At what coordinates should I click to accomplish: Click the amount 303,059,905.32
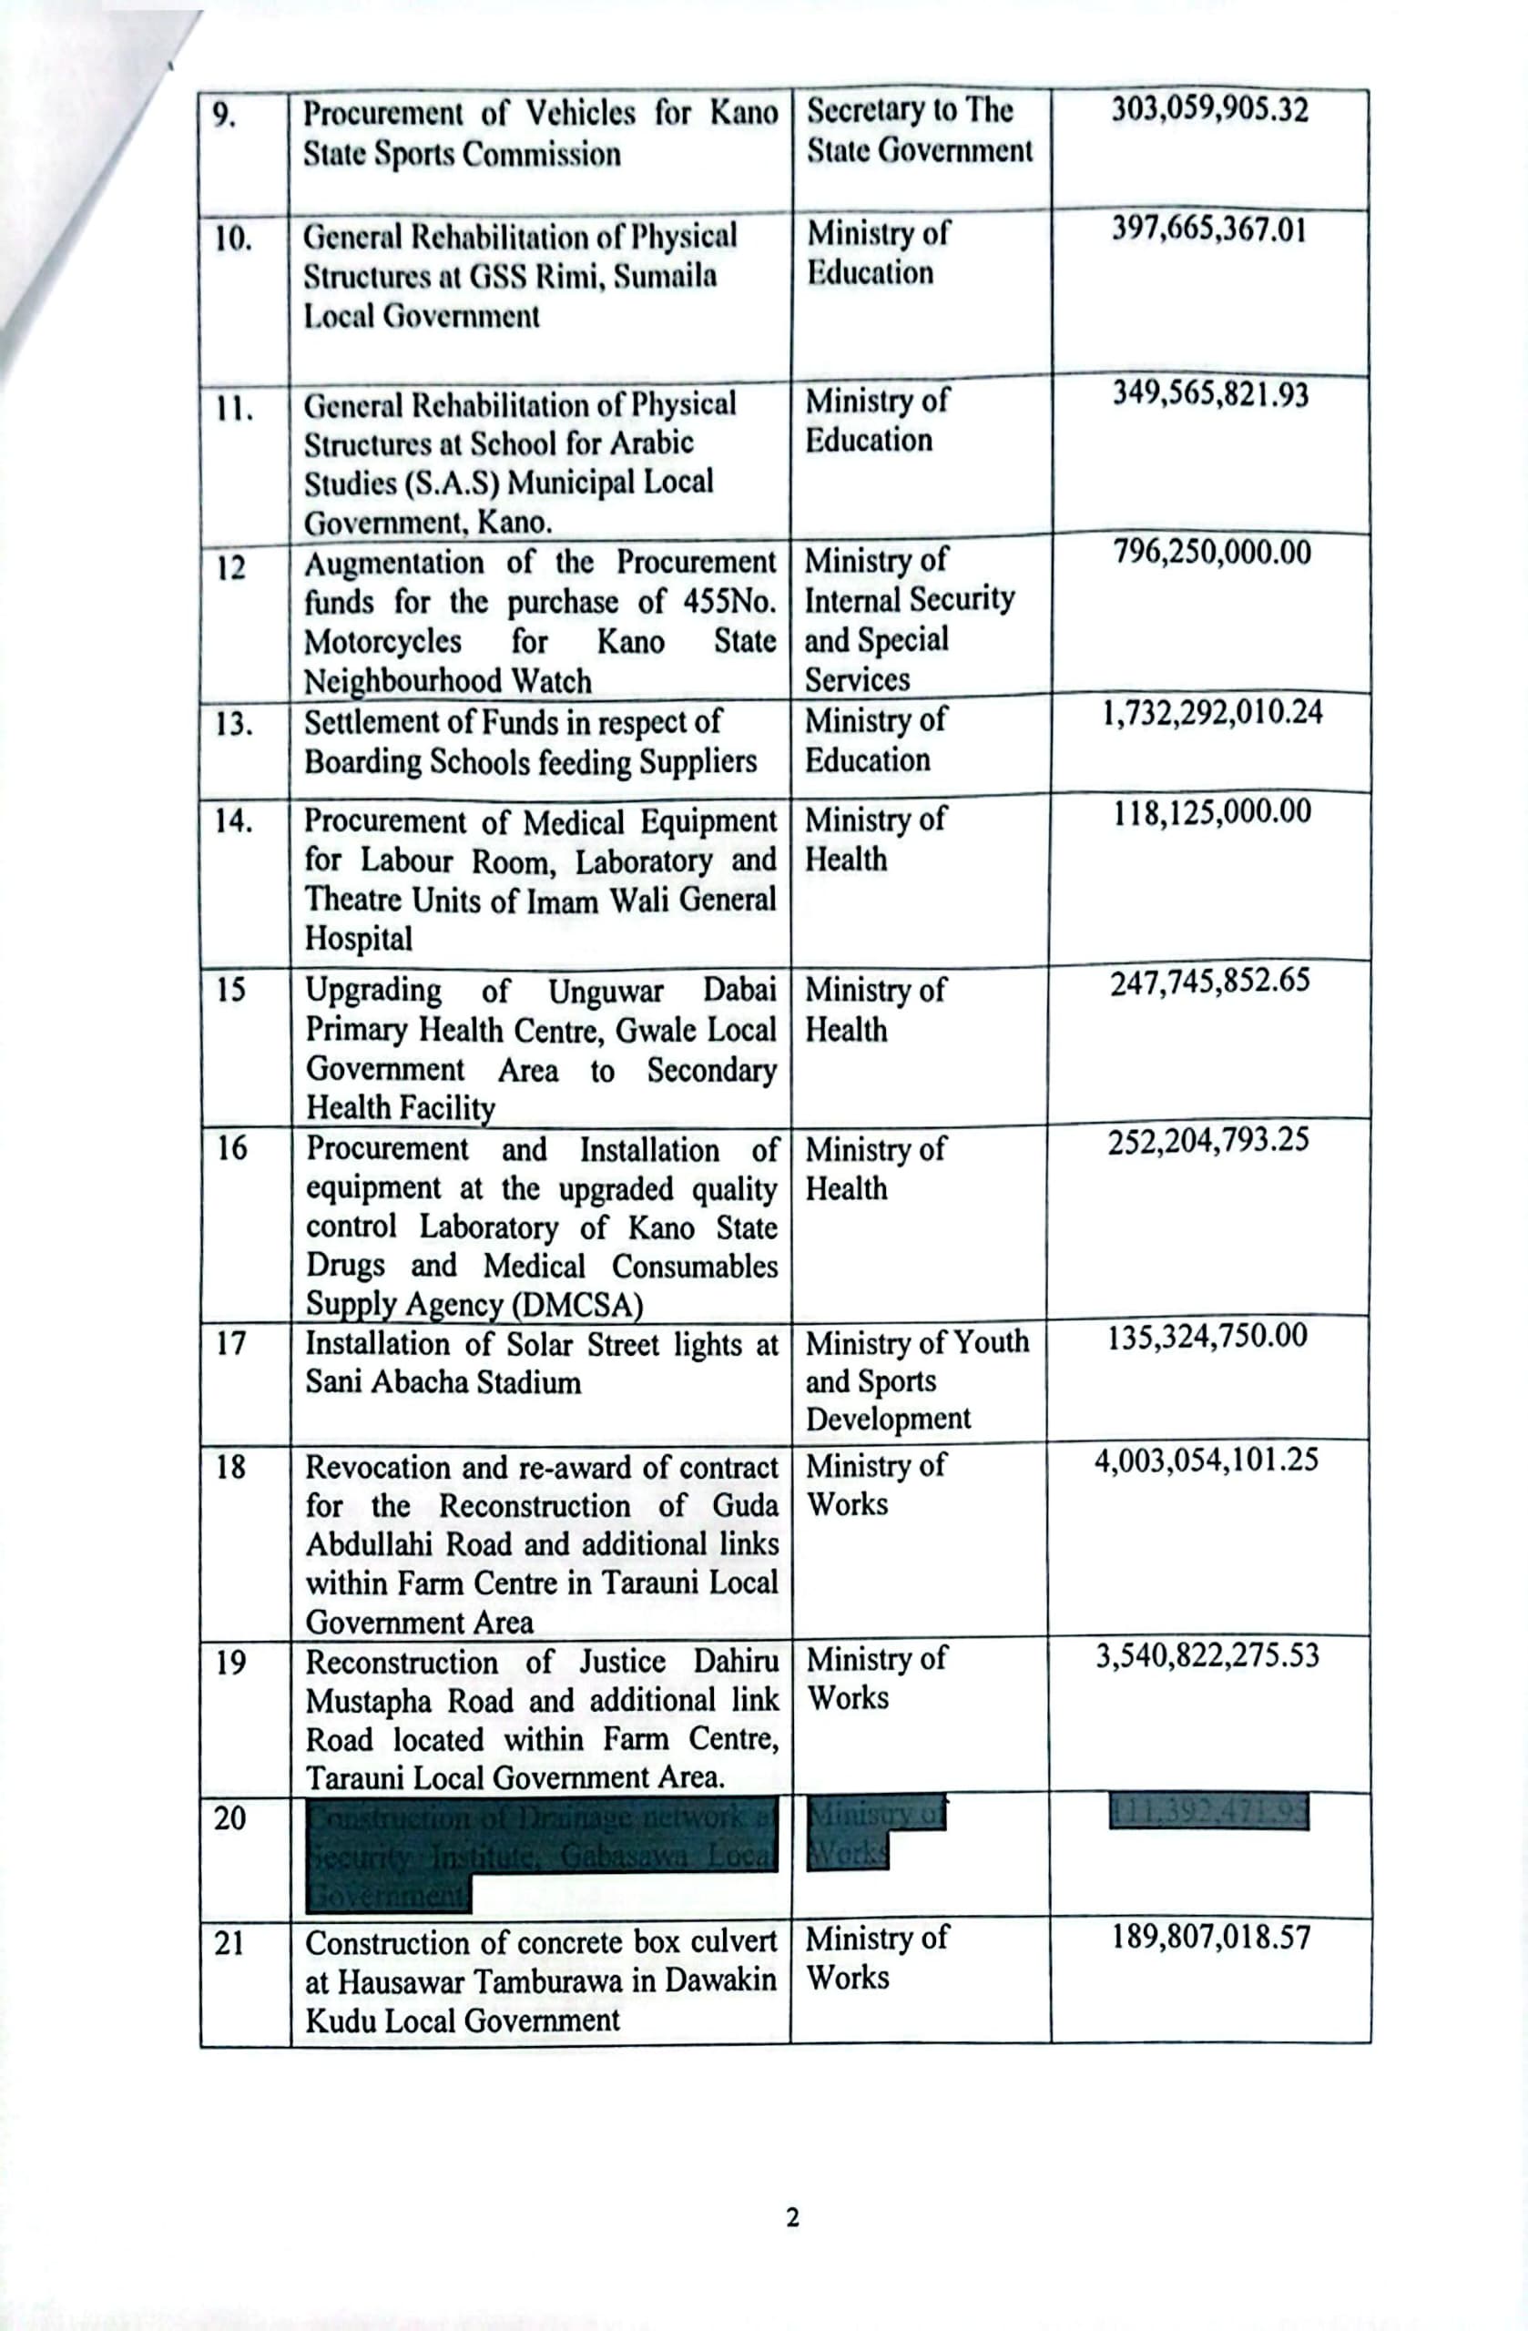1209,109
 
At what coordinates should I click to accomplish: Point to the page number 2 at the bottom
792,2216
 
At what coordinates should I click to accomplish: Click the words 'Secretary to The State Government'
919,130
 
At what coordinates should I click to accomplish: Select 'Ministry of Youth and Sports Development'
917,1380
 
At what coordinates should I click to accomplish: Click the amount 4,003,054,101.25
1207,1461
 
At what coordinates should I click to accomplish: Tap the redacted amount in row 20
1209,1813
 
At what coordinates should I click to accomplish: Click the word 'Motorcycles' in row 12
382,642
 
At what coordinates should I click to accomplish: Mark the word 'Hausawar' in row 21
398,1981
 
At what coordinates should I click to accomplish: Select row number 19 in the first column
231,1662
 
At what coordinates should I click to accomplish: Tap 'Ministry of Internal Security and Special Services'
909,619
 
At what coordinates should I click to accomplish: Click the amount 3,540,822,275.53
1207,1656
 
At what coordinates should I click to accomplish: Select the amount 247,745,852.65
1209,982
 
